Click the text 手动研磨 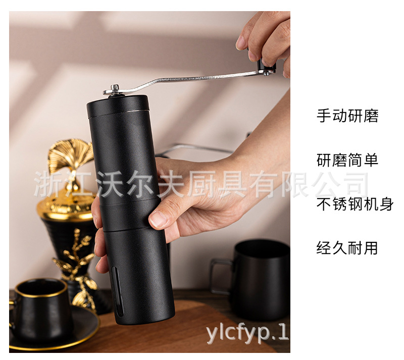[x=347, y=116]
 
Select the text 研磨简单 [x=347, y=160]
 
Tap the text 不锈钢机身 [x=355, y=204]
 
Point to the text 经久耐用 [x=347, y=248]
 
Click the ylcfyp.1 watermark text [x=247, y=334]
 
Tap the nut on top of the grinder [x=116, y=89]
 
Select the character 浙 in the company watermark [x=47, y=185]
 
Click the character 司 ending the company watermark [x=353, y=185]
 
